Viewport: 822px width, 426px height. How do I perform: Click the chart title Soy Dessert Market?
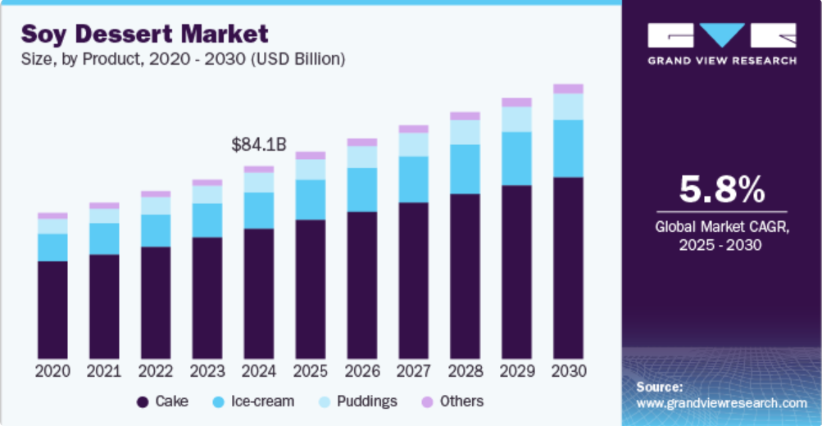coord(144,34)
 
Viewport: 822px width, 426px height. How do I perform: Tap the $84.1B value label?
coord(258,145)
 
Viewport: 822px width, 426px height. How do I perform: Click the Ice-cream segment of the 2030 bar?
coord(568,148)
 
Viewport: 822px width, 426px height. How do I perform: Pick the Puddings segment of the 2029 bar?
coord(516,120)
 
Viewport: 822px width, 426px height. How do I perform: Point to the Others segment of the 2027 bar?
coord(414,129)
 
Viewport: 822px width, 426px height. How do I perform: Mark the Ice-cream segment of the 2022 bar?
coord(156,230)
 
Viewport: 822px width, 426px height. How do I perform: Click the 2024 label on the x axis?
coord(258,370)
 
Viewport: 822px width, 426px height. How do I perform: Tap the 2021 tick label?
coord(104,370)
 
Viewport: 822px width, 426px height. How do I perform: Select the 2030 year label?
coord(568,370)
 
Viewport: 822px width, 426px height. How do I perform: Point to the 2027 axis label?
coord(414,370)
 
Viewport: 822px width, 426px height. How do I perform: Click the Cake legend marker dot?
coord(142,401)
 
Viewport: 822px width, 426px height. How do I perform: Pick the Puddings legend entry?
coord(361,401)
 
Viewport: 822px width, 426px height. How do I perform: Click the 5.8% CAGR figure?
coord(721,190)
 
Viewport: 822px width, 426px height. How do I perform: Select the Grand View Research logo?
coord(721,43)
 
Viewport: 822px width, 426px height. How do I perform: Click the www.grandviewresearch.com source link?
coord(721,403)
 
